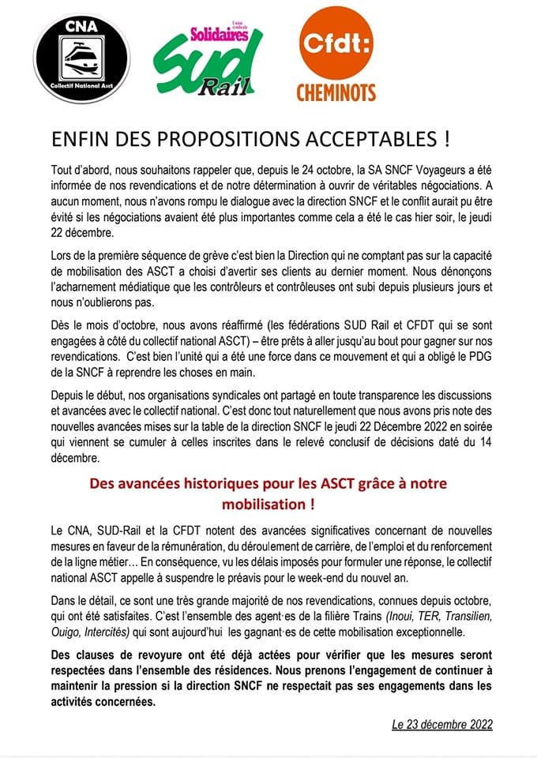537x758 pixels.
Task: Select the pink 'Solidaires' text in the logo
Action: pos(220,35)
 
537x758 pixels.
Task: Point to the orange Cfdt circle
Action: pos(336,44)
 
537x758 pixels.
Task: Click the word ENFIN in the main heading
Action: pos(79,140)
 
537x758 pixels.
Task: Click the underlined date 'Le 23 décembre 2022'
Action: pos(441,724)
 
